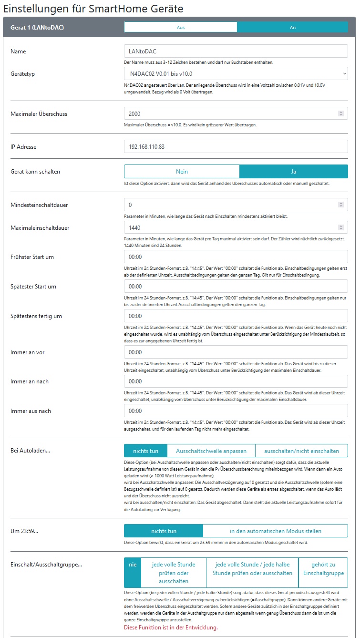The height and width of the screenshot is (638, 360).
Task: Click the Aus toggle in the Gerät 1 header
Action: [x=181, y=27]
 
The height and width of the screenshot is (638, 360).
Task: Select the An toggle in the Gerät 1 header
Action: [x=292, y=27]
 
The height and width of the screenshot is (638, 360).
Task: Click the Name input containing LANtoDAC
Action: [x=236, y=51]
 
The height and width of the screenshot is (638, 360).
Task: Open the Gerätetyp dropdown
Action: [x=236, y=74]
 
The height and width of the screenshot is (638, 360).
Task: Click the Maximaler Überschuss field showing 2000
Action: [x=236, y=113]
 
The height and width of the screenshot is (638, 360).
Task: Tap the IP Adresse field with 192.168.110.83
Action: [x=236, y=146]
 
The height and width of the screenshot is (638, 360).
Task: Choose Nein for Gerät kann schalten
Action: [x=182, y=171]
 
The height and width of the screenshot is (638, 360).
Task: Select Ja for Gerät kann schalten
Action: [x=293, y=171]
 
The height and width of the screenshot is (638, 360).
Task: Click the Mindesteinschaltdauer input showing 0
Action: [x=236, y=205]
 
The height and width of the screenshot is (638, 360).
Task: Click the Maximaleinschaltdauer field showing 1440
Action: [x=236, y=228]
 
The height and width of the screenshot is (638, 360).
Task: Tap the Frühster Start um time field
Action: [x=236, y=257]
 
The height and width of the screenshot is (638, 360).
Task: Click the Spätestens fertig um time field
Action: [x=236, y=316]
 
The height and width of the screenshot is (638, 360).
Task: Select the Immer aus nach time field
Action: [x=236, y=411]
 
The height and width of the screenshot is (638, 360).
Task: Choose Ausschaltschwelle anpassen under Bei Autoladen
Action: [x=211, y=451]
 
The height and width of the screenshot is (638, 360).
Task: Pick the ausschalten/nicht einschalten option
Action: [x=301, y=451]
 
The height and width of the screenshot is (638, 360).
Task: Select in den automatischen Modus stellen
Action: [x=275, y=531]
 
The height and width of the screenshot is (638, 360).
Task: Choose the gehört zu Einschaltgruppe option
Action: [x=323, y=573]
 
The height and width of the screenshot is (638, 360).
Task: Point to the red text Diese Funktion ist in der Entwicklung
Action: [x=171, y=627]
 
